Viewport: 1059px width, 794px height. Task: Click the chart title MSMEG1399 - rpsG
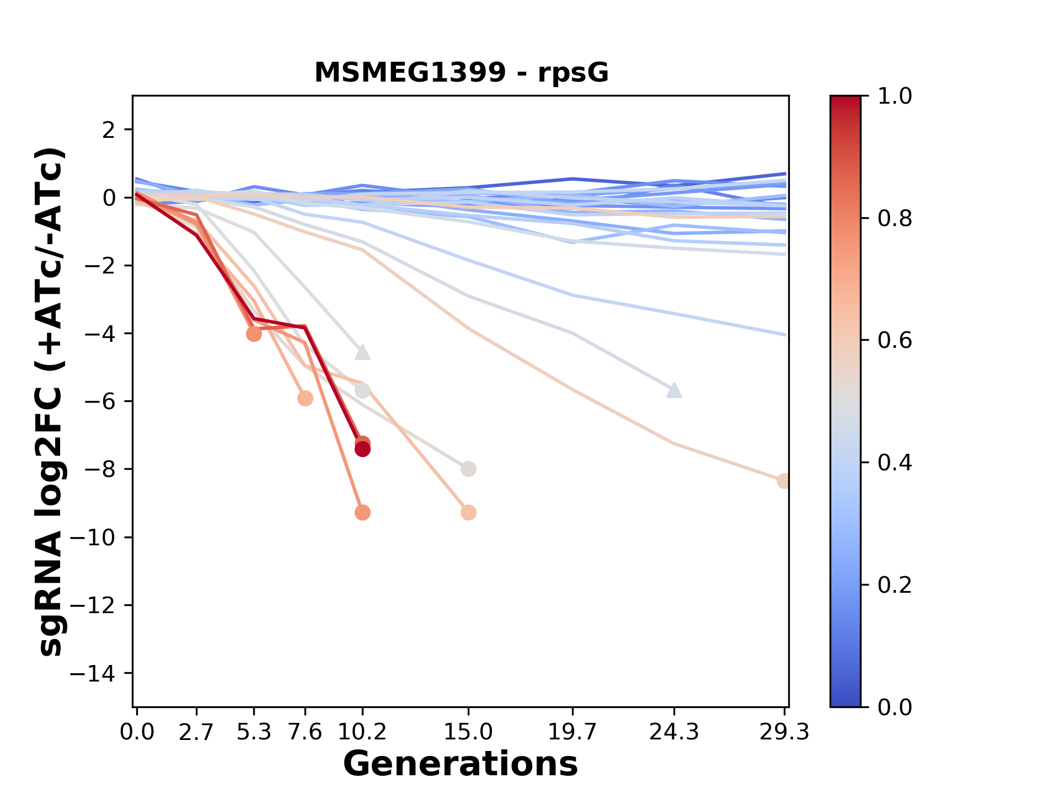click(x=461, y=73)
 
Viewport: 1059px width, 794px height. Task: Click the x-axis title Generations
click(x=461, y=764)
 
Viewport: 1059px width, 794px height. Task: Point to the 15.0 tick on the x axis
click(x=468, y=732)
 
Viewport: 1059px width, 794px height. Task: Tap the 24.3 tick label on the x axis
click(x=674, y=732)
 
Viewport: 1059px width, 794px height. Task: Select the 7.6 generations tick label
click(x=305, y=732)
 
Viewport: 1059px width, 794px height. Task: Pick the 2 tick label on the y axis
click(x=109, y=130)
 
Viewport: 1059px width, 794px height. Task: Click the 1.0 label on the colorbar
click(x=895, y=96)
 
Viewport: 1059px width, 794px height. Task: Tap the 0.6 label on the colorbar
click(x=895, y=341)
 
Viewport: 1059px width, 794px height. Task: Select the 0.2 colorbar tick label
click(x=895, y=585)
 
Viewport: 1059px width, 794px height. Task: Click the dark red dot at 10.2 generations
click(x=362, y=449)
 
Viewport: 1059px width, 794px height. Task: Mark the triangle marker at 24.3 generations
click(x=674, y=390)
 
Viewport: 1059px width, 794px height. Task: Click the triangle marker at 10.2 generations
click(x=362, y=352)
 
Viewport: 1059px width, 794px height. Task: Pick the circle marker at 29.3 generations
click(x=783, y=481)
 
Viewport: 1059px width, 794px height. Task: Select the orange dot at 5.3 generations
click(x=254, y=334)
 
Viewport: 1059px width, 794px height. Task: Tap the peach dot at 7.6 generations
click(x=305, y=398)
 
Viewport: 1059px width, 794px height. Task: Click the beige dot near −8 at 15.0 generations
click(x=468, y=469)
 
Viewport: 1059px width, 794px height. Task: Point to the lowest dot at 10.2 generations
click(x=362, y=513)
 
